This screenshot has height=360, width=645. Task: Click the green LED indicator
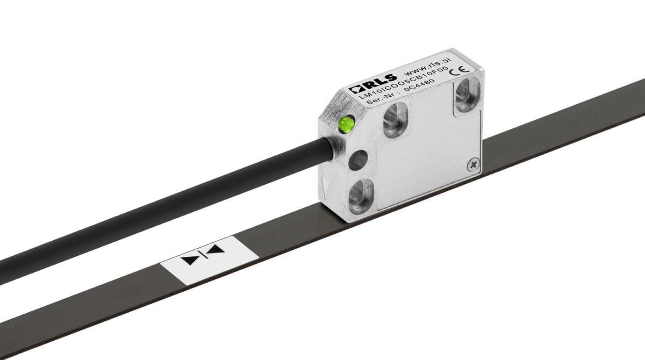[345, 125]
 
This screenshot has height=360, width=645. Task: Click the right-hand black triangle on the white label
[216, 249]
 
